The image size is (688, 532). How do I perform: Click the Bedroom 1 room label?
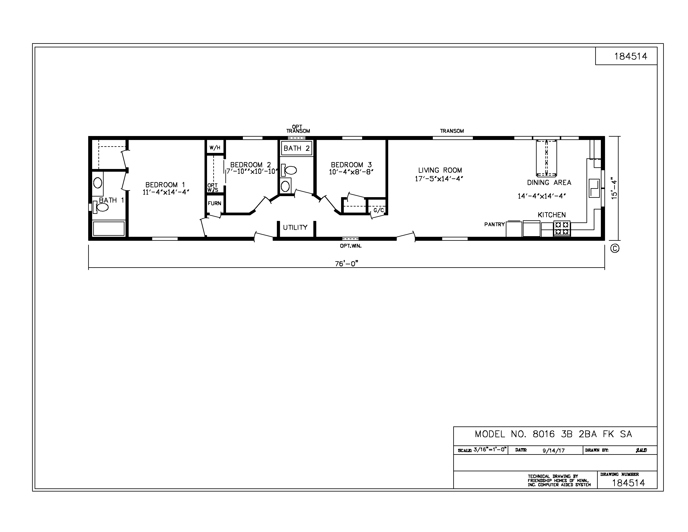(x=165, y=185)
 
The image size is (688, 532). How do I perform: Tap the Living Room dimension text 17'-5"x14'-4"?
(x=439, y=179)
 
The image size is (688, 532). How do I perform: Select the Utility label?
(x=295, y=227)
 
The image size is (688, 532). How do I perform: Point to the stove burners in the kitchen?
(x=562, y=228)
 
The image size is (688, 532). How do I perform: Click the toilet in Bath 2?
(x=289, y=170)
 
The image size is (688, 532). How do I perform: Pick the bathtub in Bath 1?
(x=109, y=228)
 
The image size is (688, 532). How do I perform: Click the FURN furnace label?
(x=215, y=203)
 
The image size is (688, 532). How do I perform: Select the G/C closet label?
(x=379, y=210)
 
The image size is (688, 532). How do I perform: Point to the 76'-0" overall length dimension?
(x=347, y=263)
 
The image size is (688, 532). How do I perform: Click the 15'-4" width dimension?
(x=614, y=190)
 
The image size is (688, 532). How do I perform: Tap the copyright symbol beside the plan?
(x=615, y=249)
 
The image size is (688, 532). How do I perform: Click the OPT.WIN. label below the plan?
(x=351, y=246)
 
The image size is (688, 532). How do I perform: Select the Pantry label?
(x=495, y=224)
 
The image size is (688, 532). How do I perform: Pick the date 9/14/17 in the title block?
(x=554, y=450)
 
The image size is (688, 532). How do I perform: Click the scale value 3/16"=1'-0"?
(x=490, y=449)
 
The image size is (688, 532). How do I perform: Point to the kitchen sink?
(x=594, y=188)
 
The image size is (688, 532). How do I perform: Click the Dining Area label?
(x=549, y=183)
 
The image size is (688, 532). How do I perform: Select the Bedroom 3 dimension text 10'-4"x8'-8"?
(x=351, y=172)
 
